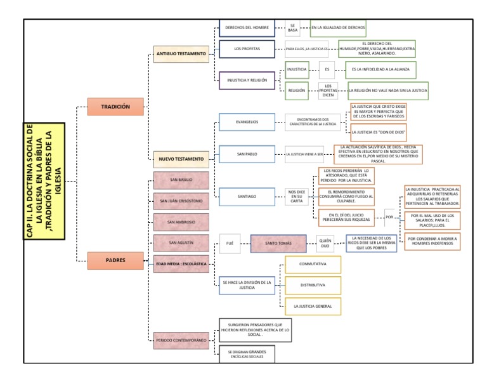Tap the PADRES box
115,259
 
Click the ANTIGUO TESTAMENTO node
181,54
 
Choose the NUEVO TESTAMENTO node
181,159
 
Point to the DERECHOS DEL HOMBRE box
247,27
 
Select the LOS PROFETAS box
247,48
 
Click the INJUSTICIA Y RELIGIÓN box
247,81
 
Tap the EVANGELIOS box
247,122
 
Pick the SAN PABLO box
247,154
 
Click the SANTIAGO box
247,197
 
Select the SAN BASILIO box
181,180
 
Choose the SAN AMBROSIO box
181,222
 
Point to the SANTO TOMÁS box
278,243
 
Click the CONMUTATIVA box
313,263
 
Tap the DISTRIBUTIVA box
313,285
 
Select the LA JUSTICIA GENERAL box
313,306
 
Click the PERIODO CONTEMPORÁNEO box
181,340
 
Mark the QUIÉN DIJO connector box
325,243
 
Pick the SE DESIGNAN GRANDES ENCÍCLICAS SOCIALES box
247,354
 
